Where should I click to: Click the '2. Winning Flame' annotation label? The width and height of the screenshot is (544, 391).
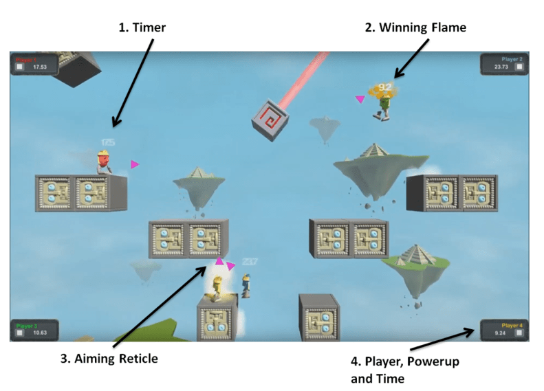[415, 27]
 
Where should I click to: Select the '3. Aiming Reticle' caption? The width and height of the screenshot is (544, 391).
[111, 358]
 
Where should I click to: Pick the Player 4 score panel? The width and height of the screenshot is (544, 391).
[501, 330]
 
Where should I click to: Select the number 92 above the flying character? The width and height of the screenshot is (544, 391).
[385, 87]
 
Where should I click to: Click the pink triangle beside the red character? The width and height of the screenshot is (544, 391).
[135, 164]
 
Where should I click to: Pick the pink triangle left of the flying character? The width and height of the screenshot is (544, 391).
[359, 100]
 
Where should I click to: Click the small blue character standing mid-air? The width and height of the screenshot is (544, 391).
[246, 284]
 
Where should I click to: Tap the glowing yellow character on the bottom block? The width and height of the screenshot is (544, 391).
[218, 288]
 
